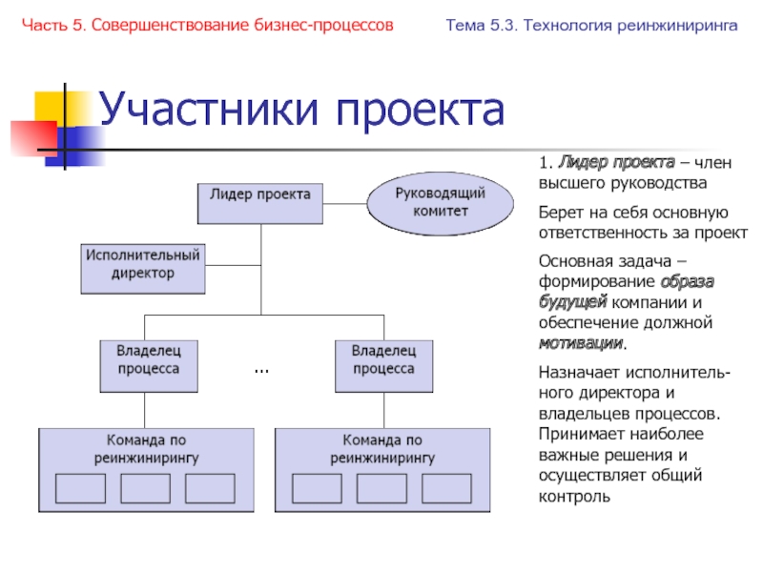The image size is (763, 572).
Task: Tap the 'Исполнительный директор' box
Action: [x=142, y=267]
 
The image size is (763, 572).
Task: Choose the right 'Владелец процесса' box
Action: [x=383, y=363]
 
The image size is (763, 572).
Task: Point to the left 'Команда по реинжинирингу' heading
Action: [x=145, y=449]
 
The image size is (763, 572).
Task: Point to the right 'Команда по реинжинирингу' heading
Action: [x=382, y=449]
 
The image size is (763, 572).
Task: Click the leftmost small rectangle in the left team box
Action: [x=80, y=487]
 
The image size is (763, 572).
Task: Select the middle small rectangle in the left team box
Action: [x=145, y=487]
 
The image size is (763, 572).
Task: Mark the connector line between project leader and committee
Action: [x=345, y=201]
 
